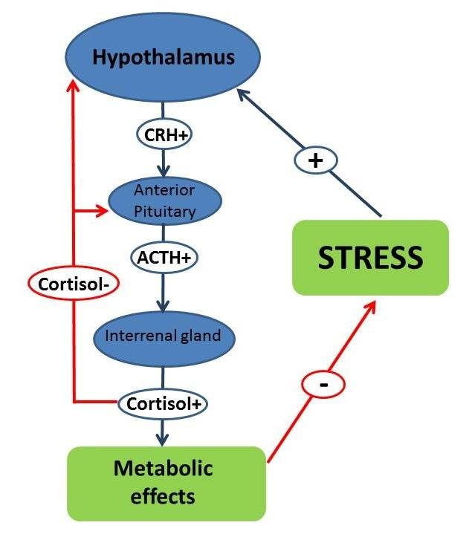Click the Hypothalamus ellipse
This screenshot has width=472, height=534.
(x=163, y=57)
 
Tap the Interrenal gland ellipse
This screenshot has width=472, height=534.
(x=163, y=336)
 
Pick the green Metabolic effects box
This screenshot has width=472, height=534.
(x=167, y=483)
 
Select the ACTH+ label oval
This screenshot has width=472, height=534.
(x=163, y=258)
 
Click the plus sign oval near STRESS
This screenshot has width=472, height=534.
(x=314, y=160)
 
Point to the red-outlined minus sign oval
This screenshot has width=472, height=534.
(x=324, y=385)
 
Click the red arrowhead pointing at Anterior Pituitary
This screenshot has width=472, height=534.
(x=105, y=211)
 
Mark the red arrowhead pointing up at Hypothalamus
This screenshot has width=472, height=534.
(x=73, y=88)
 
